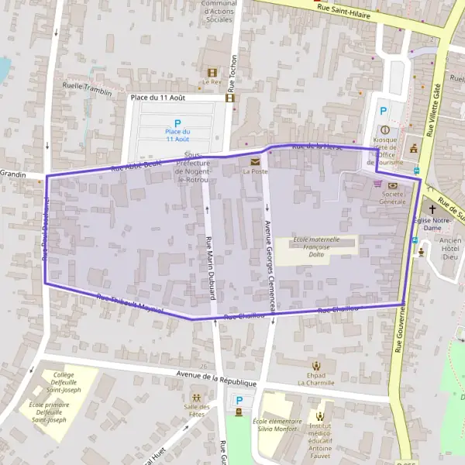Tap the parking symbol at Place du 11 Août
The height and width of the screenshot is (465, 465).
(177, 123)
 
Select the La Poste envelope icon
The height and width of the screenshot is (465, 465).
(255, 161)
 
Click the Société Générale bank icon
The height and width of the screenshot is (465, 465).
(392, 185)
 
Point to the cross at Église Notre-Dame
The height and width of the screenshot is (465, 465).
(432, 209)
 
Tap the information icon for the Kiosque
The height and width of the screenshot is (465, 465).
(384, 129)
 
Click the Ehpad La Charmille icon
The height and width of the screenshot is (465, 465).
(315, 366)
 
